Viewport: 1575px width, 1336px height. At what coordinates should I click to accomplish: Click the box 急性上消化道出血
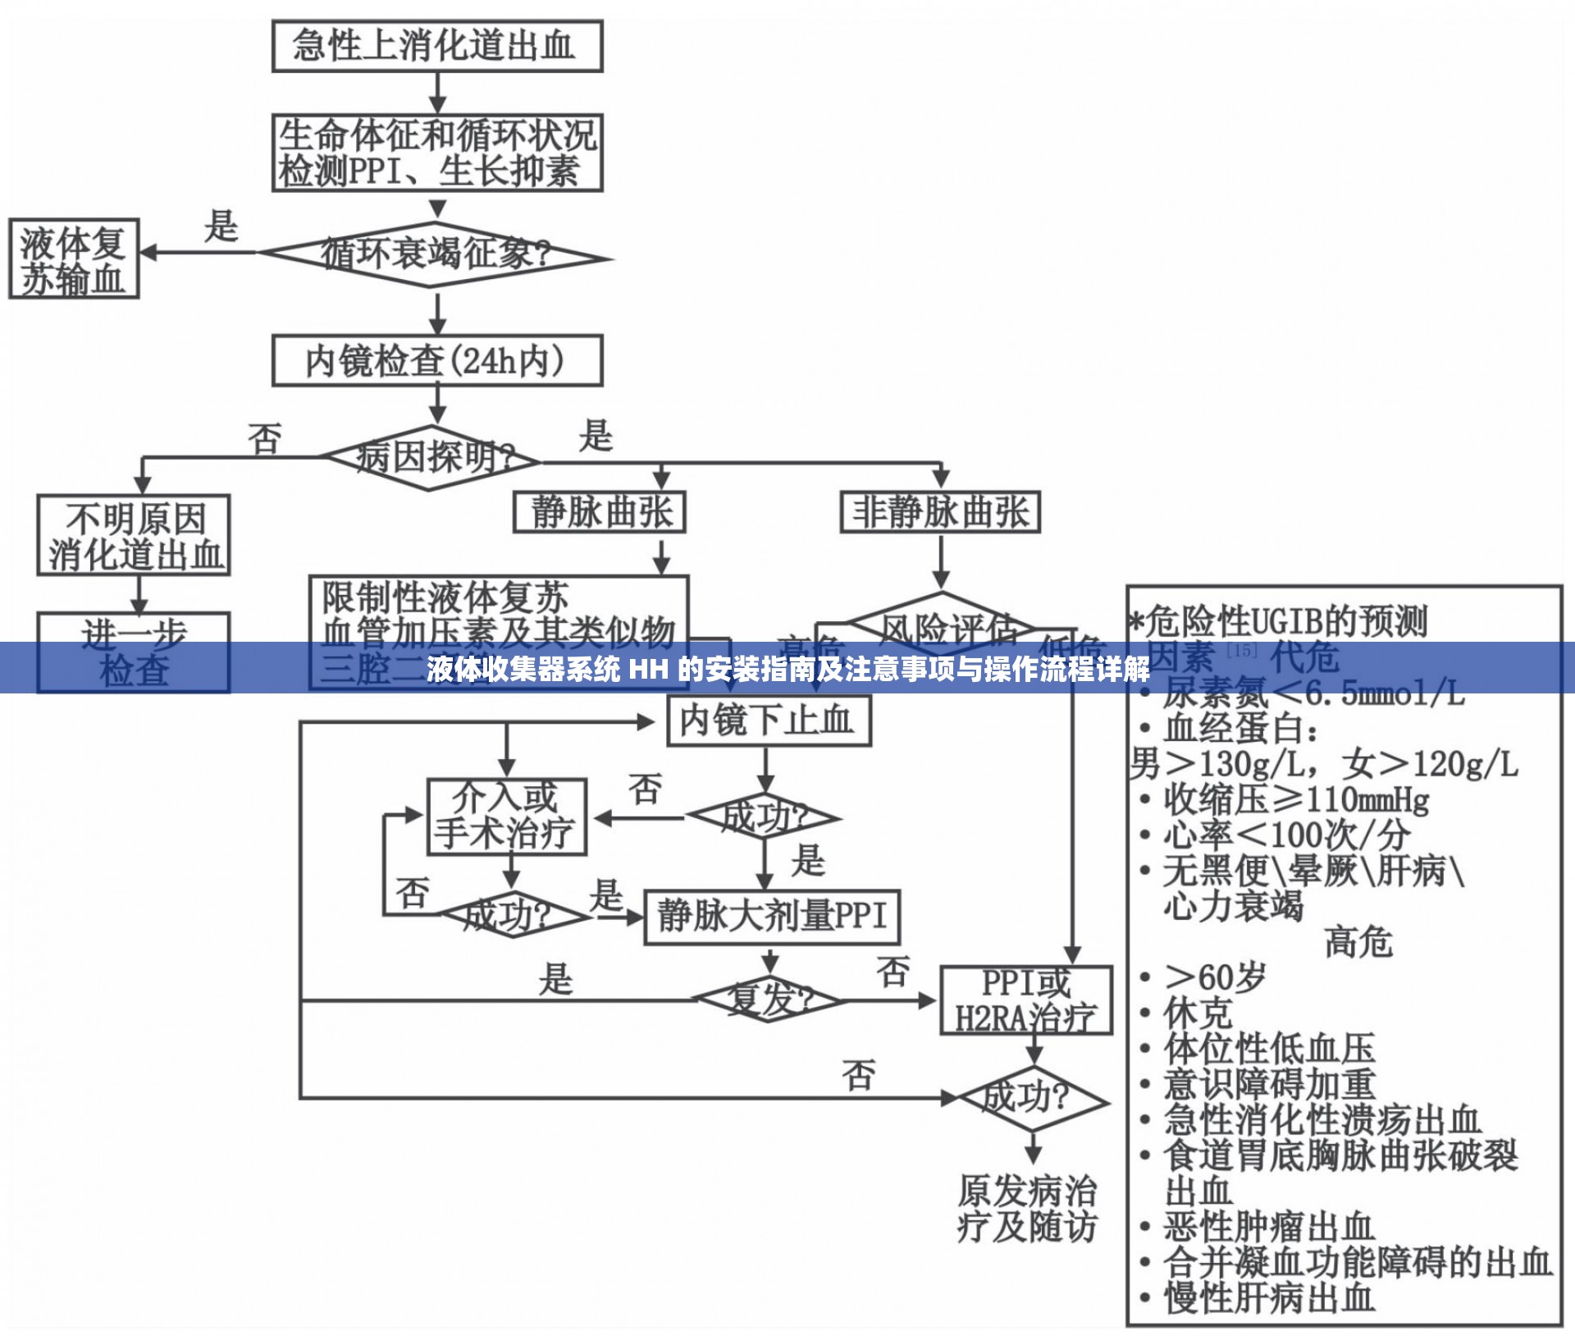coord(437,46)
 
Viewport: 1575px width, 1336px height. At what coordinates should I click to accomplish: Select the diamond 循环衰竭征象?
coord(437,255)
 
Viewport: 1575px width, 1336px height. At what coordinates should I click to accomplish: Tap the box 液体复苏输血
coord(74,259)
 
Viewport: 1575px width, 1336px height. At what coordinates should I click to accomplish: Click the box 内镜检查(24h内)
coord(437,360)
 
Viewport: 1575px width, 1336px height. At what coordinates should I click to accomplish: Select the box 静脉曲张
coord(600,512)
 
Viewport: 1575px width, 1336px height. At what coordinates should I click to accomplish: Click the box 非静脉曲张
coord(940,512)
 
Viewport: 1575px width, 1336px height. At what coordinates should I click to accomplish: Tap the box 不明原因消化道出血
coord(134,535)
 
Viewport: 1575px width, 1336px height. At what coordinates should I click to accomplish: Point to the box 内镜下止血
coord(769,721)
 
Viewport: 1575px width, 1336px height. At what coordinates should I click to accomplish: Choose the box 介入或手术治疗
coord(507,817)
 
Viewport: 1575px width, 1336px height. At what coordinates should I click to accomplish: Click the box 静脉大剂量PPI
coord(772,916)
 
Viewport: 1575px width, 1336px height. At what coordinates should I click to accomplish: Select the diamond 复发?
coord(769,1000)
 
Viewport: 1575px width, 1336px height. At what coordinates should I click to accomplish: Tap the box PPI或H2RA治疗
coord(1025,1000)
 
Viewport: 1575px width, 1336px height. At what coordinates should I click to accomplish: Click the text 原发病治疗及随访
coord(1026,1208)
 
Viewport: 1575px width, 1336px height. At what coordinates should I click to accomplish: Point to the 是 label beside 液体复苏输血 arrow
coord(221,226)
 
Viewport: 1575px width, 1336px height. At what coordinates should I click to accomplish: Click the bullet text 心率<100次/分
coord(1285,835)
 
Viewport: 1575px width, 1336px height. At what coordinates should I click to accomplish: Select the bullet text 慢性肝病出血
coord(1268,1298)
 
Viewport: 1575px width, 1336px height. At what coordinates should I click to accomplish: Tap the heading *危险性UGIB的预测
coord(1280,621)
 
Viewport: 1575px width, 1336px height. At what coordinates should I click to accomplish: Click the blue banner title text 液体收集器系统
coord(523,670)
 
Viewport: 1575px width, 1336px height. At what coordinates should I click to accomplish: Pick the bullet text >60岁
coord(1214,977)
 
